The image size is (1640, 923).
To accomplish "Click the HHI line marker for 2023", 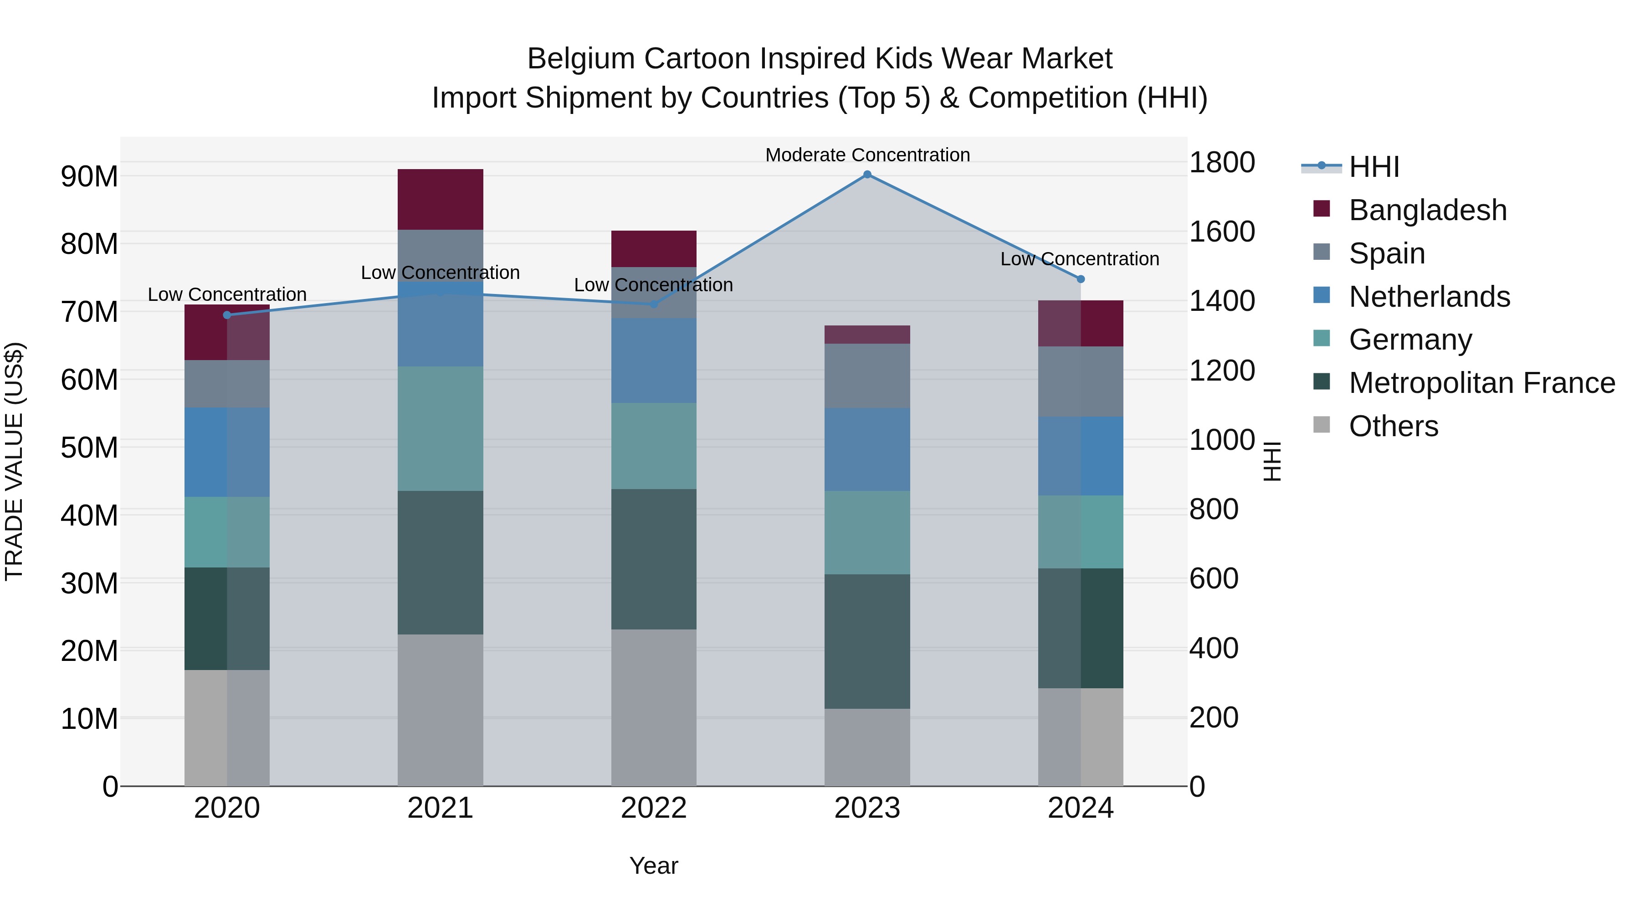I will pyautogui.click(x=866, y=175).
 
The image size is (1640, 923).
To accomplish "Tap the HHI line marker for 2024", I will pyautogui.click(x=1081, y=279).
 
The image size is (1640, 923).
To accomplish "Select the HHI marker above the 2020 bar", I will pyautogui.click(x=227, y=315).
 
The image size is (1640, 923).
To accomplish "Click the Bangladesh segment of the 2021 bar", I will pyautogui.click(x=440, y=199).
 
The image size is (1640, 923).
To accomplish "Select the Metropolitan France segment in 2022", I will pyautogui.click(x=653, y=559).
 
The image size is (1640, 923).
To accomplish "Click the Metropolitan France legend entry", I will pyautogui.click(x=1481, y=383).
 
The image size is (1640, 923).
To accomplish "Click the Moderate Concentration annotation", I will pyautogui.click(x=867, y=155).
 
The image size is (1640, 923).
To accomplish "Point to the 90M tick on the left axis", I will pyautogui.click(x=89, y=176).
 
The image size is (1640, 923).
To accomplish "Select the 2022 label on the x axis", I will pyautogui.click(x=653, y=808).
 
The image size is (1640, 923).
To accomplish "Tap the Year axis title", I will pyautogui.click(x=653, y=866).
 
